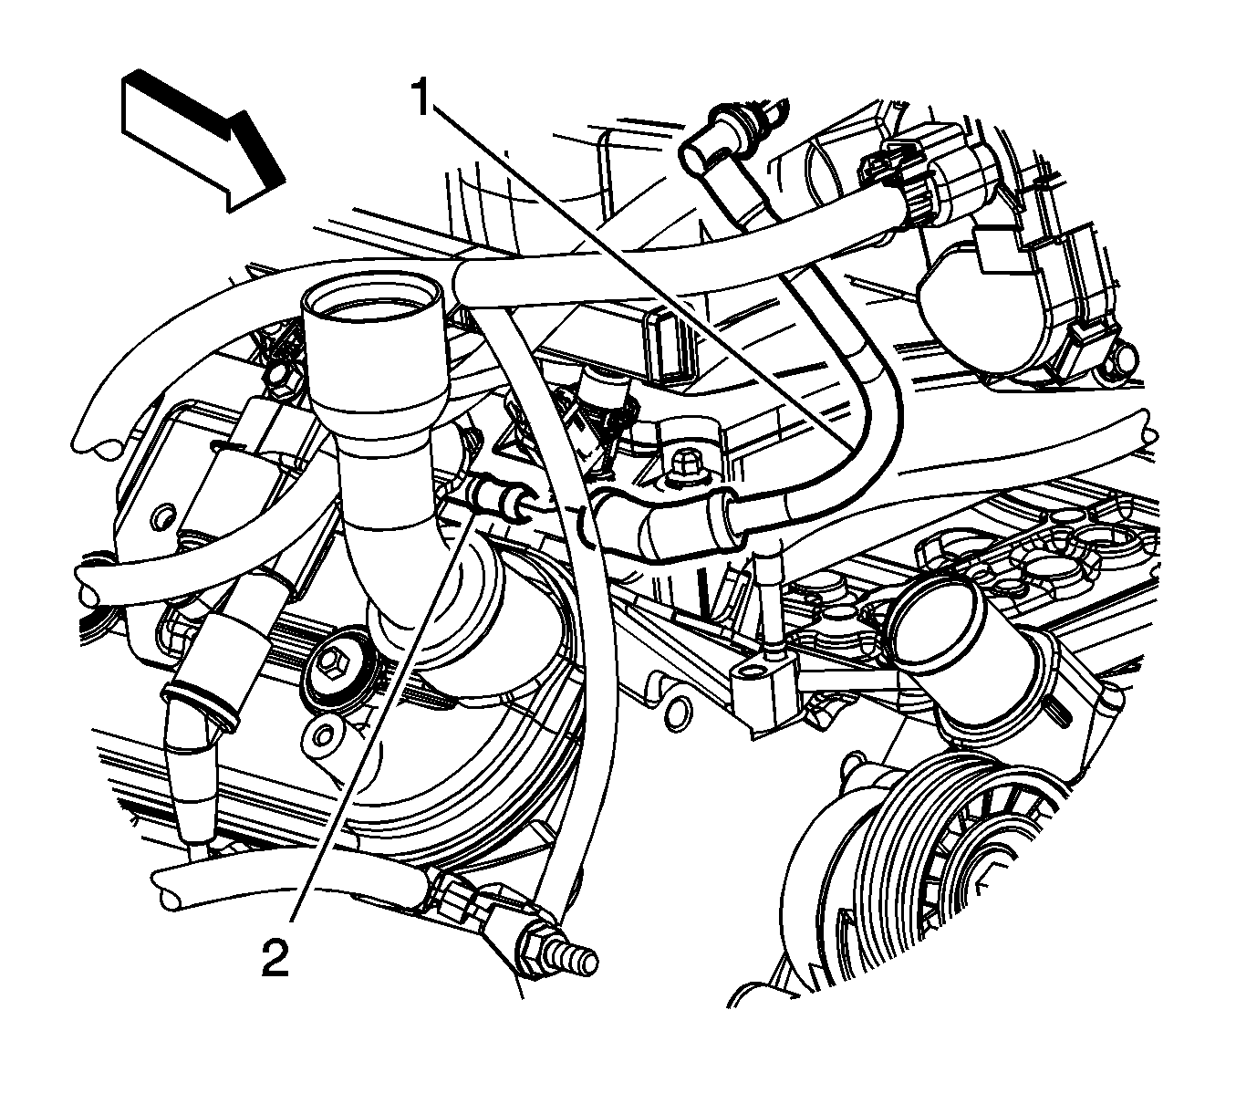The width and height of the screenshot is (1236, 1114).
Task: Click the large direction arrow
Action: [203, 140]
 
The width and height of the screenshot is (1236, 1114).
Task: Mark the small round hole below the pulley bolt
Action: [324, 734]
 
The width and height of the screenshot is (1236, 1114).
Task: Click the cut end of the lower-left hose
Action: [168, 891]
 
